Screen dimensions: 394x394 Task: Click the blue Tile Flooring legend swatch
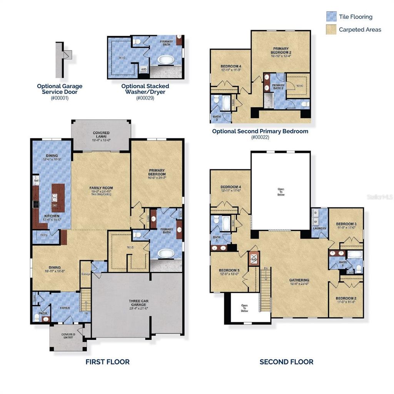pyautogui.click(x=331, y=17)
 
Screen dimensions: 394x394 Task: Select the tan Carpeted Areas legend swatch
pyautogui.click(x=331, y=30)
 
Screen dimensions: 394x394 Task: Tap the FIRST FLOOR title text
pyautogui.click(x=107, y=362)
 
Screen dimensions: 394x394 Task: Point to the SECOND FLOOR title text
pyautogui.click(x=286, y=362)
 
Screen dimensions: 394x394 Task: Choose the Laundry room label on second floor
pyautogui.click(x=319, y=228)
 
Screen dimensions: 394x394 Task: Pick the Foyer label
pyautogui.click(x=64, y=307)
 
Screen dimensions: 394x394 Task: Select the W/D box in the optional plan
pyautogui.click(x=144, y=69)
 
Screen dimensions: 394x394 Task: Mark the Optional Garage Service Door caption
pyautogui.click(x=60, y=89)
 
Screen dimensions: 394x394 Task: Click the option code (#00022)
pyautogui.click(x=260, y=137)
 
